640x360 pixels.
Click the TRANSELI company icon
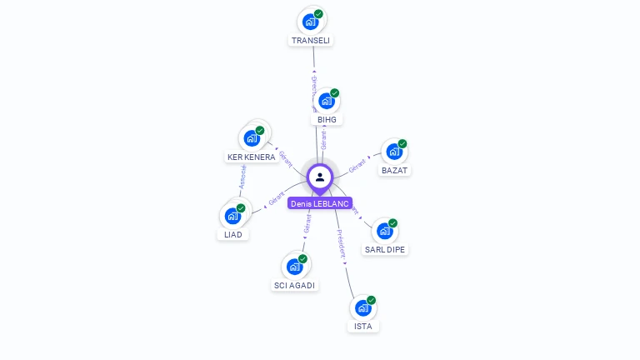coord(311,21)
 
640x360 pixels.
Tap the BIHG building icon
coord(327,101)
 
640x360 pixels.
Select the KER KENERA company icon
coord(252,138)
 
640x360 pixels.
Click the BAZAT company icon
coord(393,152)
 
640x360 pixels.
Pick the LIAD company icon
coord(232,216)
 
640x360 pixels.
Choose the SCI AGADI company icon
coord(294,267)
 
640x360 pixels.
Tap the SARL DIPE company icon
coord(384,231)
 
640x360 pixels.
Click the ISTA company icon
coord(362,307)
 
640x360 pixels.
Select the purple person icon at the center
coord(320,177)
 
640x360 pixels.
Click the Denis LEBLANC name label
coord(320,203)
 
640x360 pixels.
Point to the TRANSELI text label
coord(311,40)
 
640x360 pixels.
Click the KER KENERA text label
coord(252,157)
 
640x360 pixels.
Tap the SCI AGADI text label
coord(295,285)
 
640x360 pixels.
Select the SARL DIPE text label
coord(386,249)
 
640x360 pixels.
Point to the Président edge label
coord(341,244)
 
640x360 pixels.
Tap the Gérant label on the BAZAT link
coord(357,165)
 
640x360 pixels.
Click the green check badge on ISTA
coord(371,300)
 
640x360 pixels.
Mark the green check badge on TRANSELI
coord(318,14)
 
